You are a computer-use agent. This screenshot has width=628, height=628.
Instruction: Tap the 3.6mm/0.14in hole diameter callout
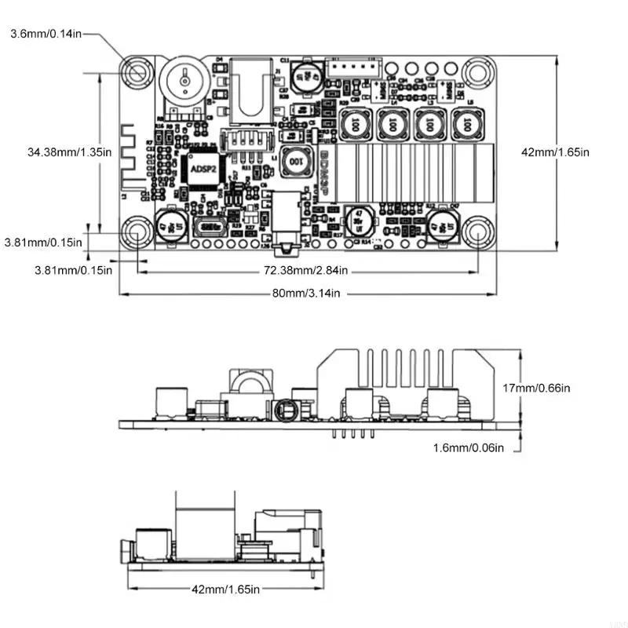point(43,34)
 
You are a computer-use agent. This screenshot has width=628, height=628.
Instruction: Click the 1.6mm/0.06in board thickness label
point(468,447)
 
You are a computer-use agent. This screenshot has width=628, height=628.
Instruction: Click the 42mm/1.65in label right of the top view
point(555,152)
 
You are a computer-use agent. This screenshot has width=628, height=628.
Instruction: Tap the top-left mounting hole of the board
point(137,72)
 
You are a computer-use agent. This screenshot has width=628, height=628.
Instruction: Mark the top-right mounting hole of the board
point(476,72)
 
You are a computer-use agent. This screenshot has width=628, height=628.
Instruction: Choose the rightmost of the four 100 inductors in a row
point(467,123)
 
